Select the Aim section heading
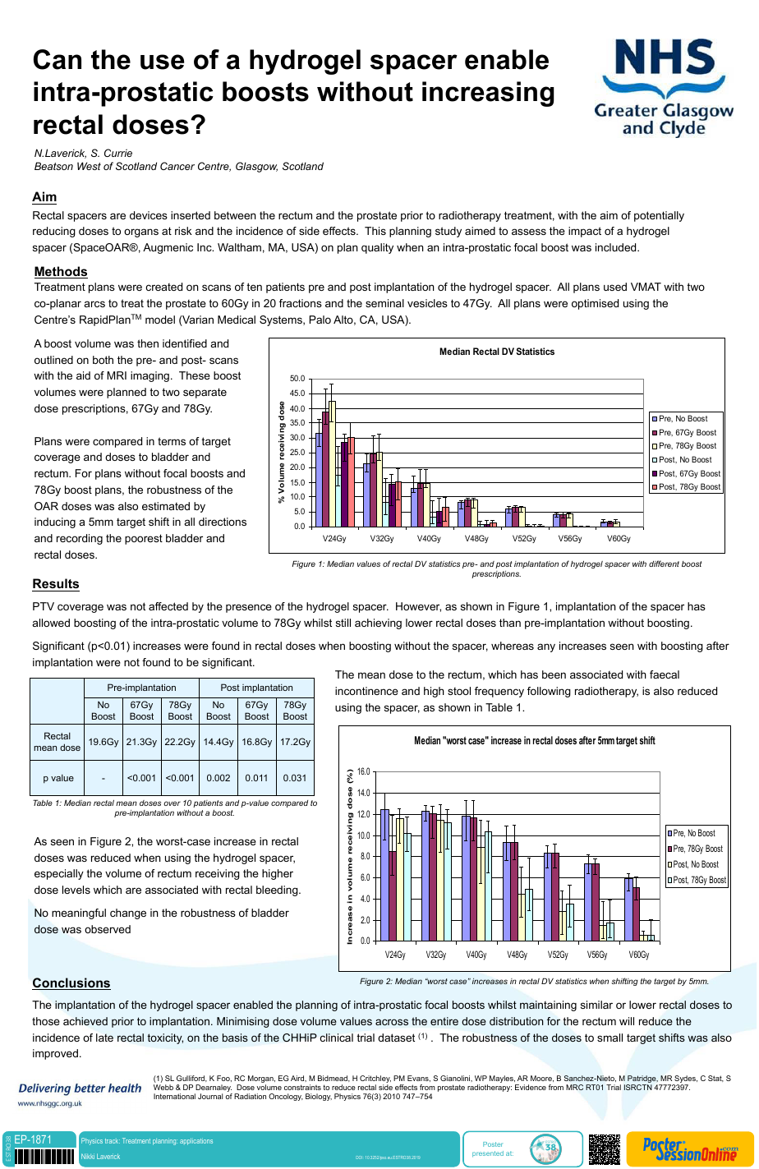(44, 197)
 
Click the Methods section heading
(61, 272)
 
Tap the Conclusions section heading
(71, 983)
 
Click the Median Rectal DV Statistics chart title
(497, 352)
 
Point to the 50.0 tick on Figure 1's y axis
(297, 379)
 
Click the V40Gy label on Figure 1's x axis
(429, 539)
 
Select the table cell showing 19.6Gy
(103, 742)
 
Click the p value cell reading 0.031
(295, 778)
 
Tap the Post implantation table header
(256, 688)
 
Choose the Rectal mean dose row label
(57, 742)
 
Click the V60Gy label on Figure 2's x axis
(638, 955)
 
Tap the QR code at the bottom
(605, 1149)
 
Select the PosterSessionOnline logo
(689, 1148)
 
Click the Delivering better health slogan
(80, 1088)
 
